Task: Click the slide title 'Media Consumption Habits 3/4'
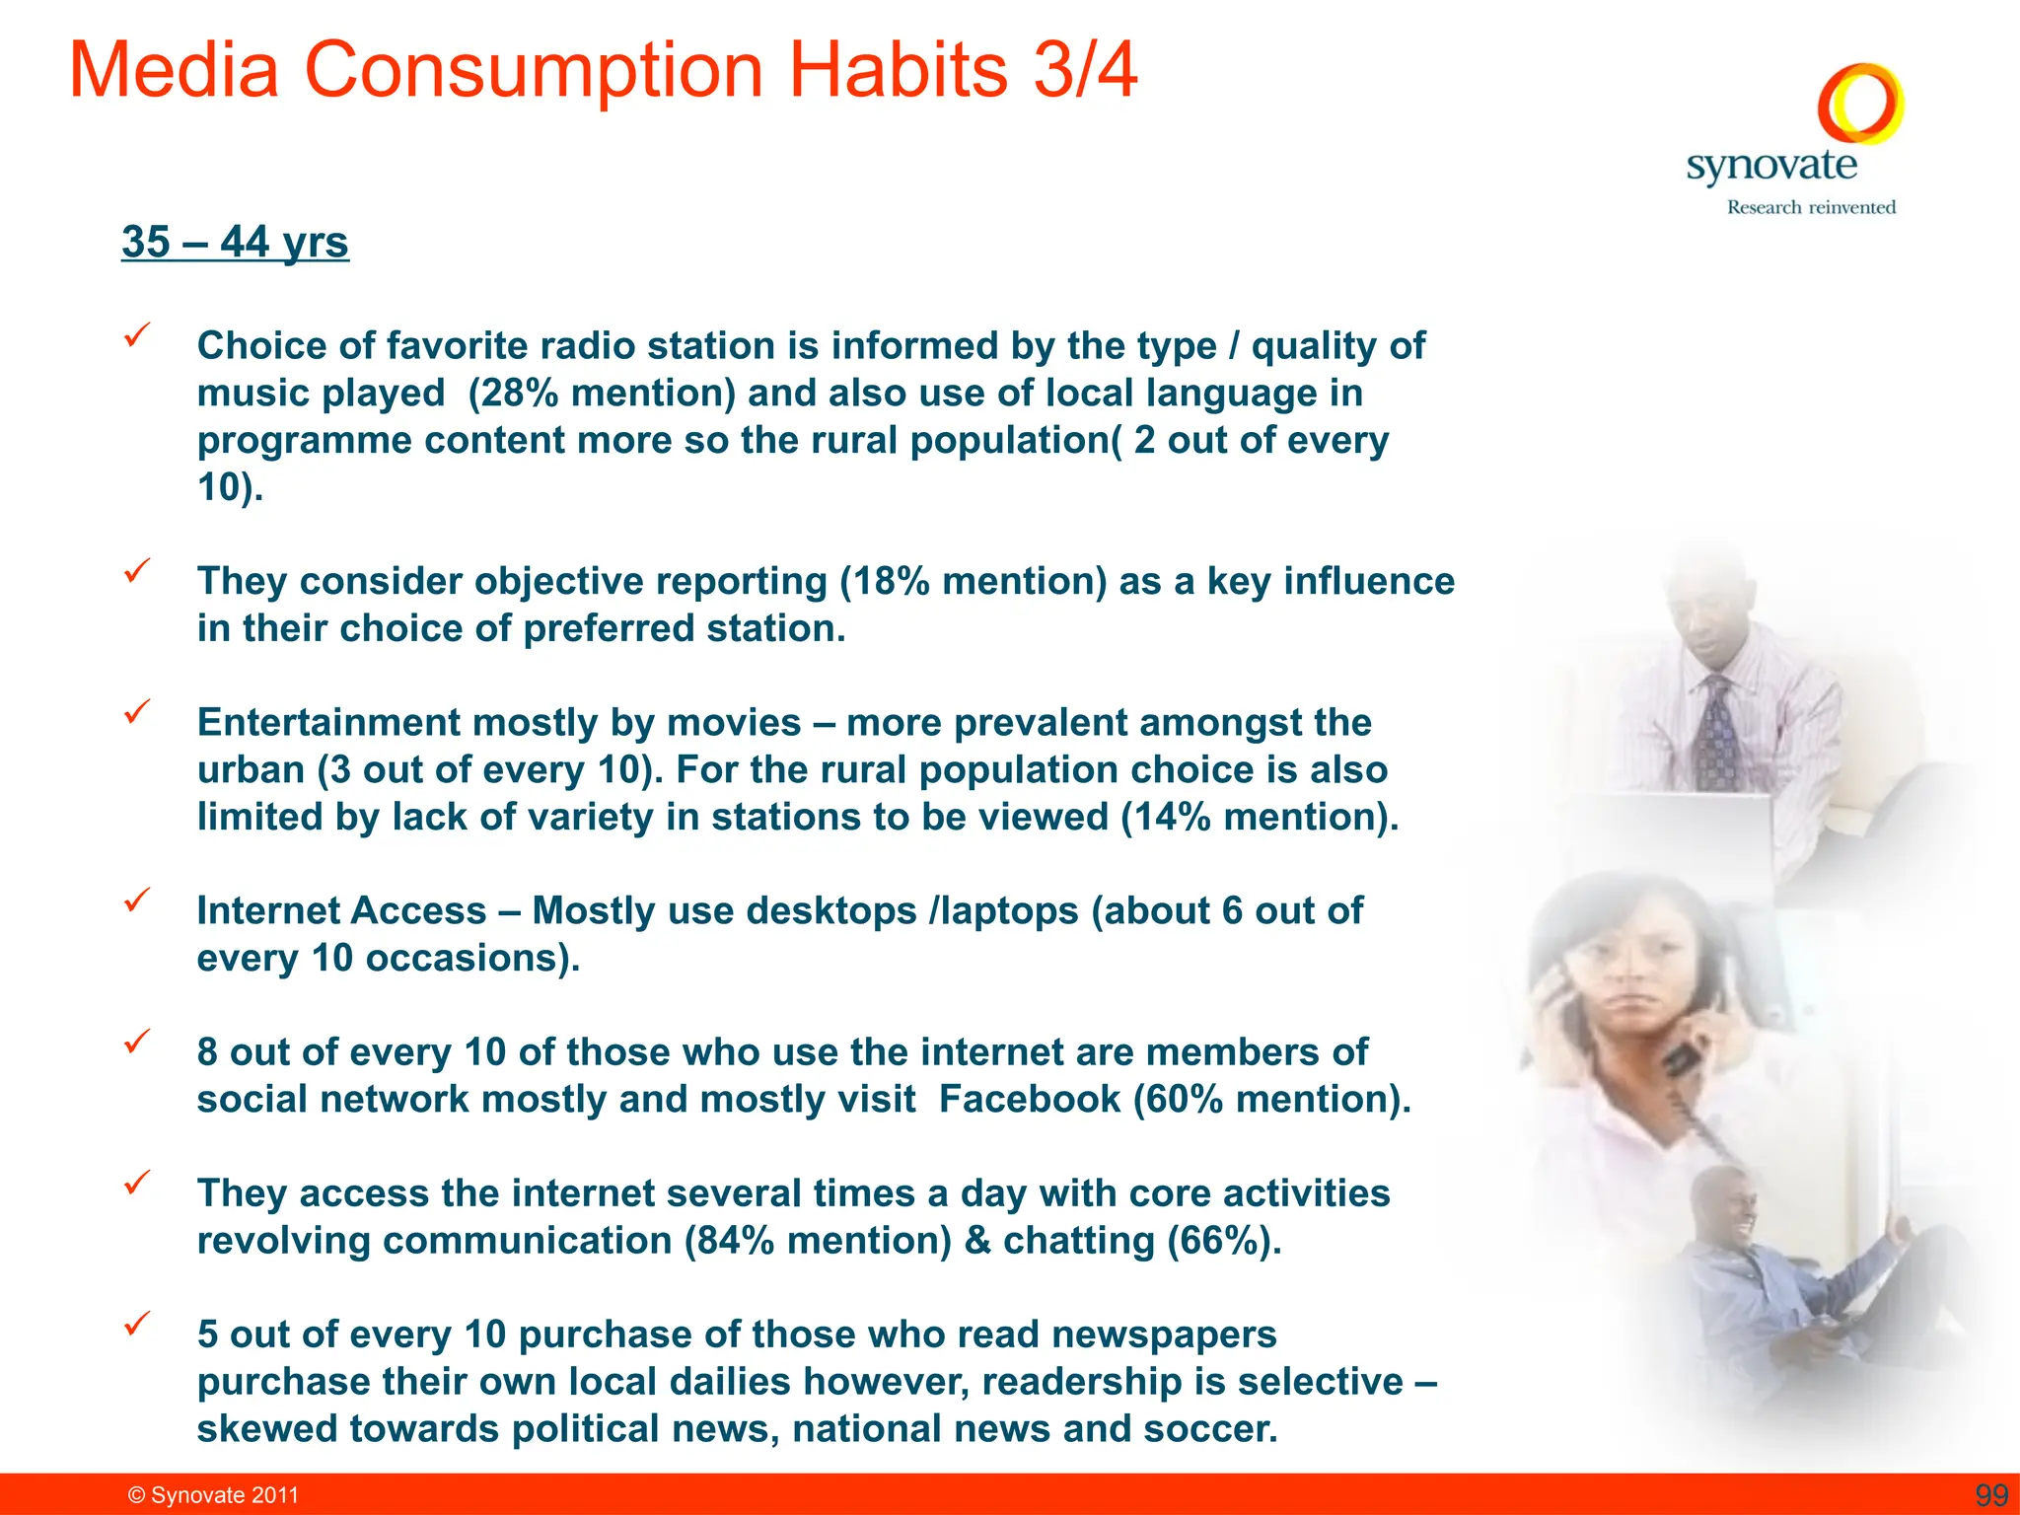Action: [x=603, y=71]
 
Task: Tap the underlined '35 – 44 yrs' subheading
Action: [x=235, y=243]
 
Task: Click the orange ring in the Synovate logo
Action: [x=1860, y=103]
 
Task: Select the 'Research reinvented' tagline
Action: [x=1811, y=207]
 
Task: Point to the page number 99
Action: [x=1991, y=1495]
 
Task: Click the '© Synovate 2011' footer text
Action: [x=213, y=1495]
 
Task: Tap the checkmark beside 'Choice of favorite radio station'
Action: [x=136, y=335]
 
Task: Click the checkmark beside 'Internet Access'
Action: [x=136, y=900]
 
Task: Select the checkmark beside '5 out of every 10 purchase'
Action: [x=136, y=1324]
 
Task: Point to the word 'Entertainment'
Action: [x=328, y=723]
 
